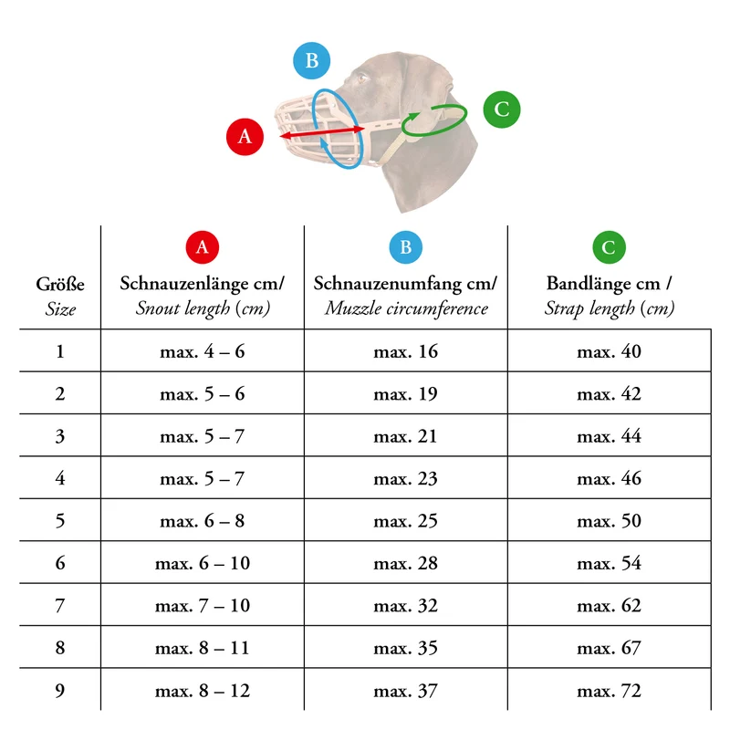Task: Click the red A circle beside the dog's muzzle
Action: (245, 136)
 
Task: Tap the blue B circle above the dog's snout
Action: (311, 60)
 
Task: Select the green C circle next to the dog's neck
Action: (501, 109)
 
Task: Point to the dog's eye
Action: (362, 78)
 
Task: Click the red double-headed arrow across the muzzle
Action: (322, 132)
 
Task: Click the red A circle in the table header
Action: (202, 247)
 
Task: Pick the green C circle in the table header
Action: (609, 247)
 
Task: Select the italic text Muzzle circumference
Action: (406, 308)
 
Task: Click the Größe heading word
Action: (60, 284)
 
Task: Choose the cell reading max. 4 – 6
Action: (202, 351)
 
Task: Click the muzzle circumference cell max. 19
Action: (405, 394)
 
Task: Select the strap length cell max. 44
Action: (609, 436)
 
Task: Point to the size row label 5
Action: (60, 520)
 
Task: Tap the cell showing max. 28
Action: (405, 563)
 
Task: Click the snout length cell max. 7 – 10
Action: (203, 606)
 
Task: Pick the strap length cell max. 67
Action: (609, 648)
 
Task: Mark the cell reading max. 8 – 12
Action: (203, 691)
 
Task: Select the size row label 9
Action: (60, 691)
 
